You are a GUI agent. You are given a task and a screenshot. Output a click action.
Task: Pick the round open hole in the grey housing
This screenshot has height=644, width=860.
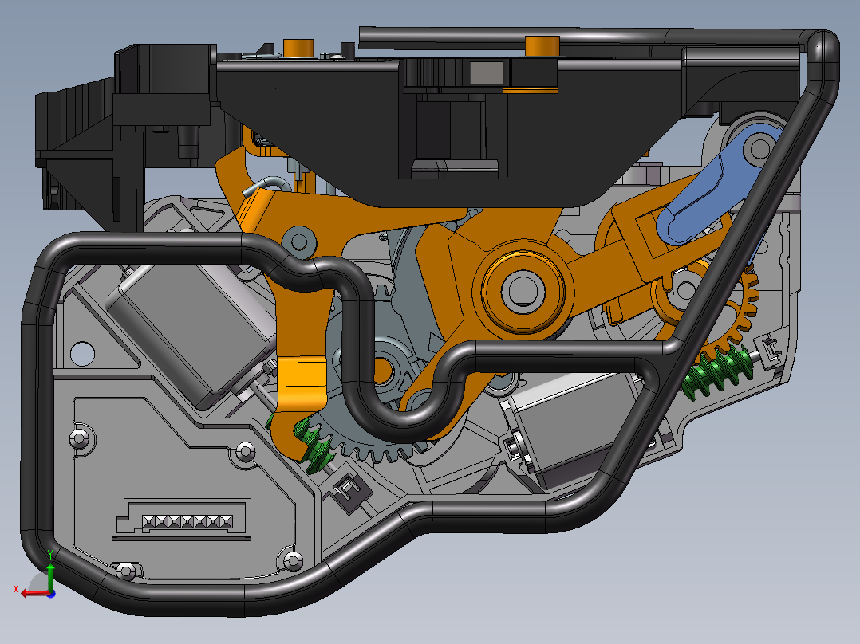click(82, 354)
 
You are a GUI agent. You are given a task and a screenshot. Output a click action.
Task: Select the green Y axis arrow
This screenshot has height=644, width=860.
click(50, 570)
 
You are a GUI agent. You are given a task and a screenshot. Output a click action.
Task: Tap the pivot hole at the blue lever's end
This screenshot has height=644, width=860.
click(759, 147)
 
